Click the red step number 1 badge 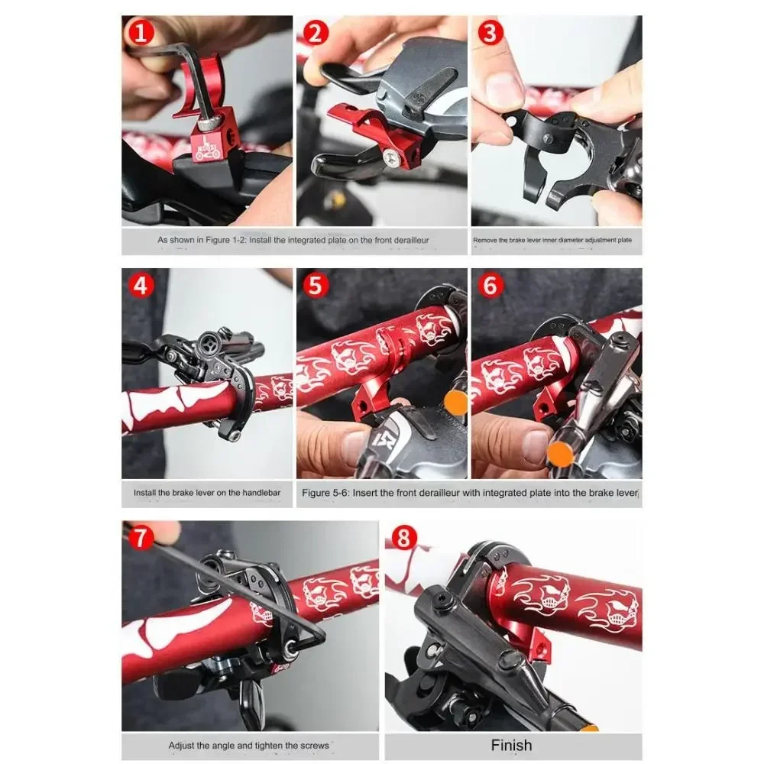point(141,33)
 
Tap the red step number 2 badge point(316,33)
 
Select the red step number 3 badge point(490,33)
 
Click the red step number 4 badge point(141,286)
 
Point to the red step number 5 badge point(316,286)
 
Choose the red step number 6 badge point(490,286)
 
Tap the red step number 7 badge point(140,538)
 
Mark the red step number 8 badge point(404,538)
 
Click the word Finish point(512,745)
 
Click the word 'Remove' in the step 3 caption point(484,240)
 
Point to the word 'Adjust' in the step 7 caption point(180,746)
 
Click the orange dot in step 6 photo point(560,454)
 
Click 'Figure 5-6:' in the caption point(325,493)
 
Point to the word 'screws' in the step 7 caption point(315,746)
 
